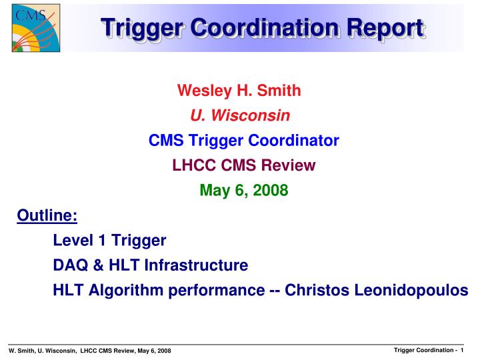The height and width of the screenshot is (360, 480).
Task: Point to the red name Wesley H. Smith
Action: tap(239, 90)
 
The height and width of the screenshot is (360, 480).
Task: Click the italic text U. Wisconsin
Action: tap(239, 115)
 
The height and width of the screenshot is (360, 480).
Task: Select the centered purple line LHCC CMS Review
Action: tap(243, 165)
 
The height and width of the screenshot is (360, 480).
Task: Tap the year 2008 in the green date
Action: tap(270, 191)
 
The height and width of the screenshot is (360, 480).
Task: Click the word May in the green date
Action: tap(213, 191)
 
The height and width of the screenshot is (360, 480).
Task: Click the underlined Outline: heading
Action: tap(47, 216)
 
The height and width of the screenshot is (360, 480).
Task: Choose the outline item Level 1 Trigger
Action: tap(109, 240)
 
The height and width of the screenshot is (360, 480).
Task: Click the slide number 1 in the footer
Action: tap(462, 350)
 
